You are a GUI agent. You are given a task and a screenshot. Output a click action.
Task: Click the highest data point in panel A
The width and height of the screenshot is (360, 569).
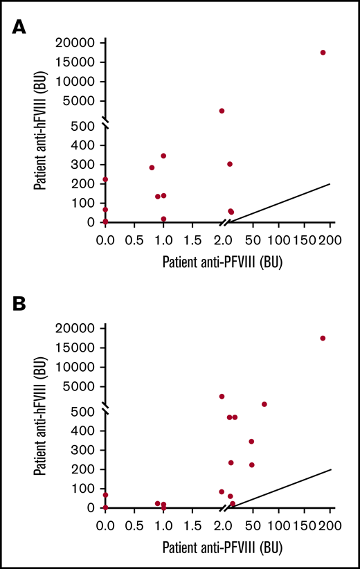323,53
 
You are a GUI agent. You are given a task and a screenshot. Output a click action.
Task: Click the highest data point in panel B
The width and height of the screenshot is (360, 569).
323,338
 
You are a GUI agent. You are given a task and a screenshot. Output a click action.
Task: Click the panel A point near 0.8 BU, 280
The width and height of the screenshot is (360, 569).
152,168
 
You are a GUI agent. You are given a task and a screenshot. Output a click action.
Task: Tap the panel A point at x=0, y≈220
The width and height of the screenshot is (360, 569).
105,179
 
